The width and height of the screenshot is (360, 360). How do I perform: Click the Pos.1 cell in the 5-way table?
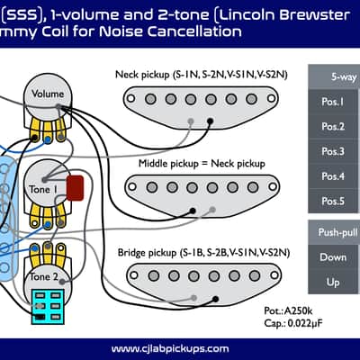tap(333, 102)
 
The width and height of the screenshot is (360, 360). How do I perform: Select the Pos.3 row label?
tap(333, 151)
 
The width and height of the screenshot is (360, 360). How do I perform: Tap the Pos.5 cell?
tap(333, 201)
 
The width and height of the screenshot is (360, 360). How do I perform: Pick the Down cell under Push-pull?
tap(333, 257)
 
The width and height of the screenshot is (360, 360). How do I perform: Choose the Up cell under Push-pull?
tap(333, 282)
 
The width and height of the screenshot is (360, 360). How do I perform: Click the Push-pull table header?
tap(334, 232)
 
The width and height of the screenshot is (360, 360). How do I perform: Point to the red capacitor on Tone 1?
tap(75, 188)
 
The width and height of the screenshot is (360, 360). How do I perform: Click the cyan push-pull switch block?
tap(48, 306)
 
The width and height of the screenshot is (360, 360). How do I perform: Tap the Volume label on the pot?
tap(48, 94)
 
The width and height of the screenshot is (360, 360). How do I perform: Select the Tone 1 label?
tap(43, 190)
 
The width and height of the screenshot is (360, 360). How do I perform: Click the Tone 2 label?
tap(44, 276)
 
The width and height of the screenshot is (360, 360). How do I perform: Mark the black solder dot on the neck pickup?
tap(211, 121)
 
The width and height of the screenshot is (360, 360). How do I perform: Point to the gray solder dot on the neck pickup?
tap(191, 121)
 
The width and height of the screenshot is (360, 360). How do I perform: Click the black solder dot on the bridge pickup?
tap(215, 299)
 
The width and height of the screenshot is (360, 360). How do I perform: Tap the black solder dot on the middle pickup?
tap(193, 211)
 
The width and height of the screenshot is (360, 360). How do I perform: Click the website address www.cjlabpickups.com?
tap(170, 349)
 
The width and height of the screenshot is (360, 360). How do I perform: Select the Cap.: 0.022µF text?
tap(293, 323)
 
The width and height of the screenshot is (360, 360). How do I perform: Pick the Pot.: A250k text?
tap(288, 310)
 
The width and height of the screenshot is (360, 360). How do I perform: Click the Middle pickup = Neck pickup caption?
tap(202, 164)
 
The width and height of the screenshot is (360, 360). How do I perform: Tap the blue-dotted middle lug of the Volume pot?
tap(48, 139)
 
